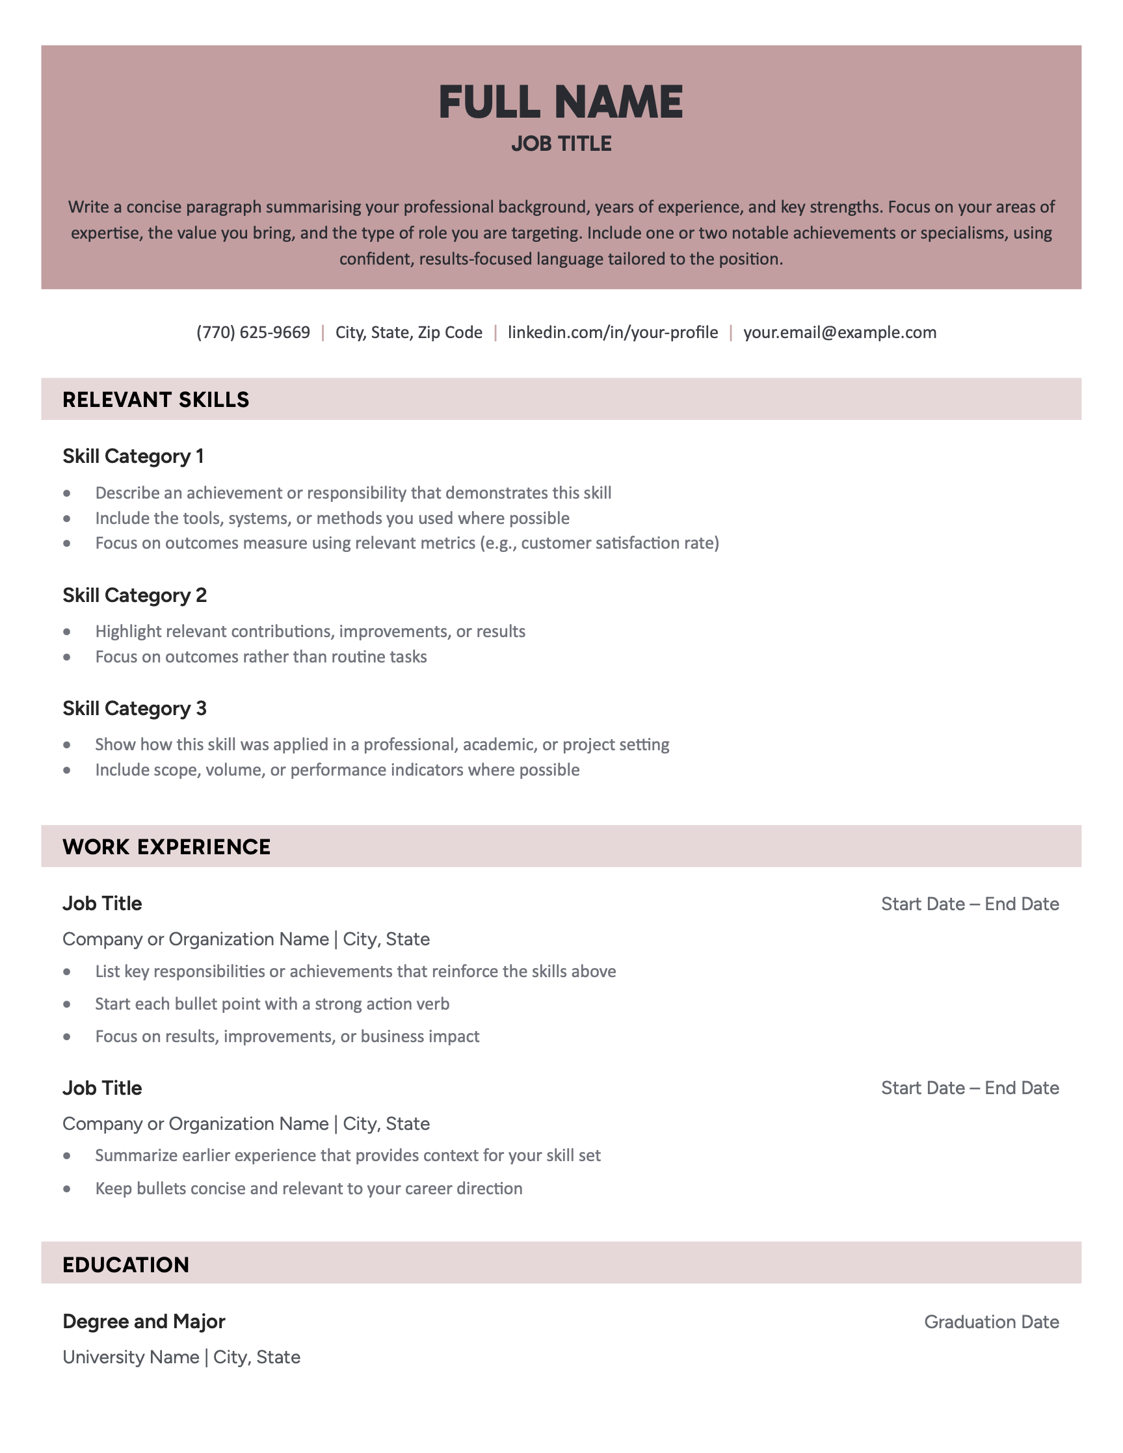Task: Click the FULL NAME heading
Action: (561, 103)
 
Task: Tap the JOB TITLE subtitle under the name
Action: (561, 144)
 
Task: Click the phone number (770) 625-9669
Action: (253, 332)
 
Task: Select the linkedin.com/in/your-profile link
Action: (612, 332)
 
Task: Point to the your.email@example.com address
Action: (839, 332)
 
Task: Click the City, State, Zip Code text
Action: (408, 332)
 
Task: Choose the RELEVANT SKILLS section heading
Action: (155, 399)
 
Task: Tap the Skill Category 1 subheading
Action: (133, 456)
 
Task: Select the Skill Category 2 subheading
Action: (135, 596)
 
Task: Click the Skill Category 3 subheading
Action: (135, 709)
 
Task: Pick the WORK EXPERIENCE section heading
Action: (166, 846)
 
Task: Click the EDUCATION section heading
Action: (126, 1264)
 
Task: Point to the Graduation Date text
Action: (991, 1322)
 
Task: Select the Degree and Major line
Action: (144, 1321)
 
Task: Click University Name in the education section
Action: (131, 1357)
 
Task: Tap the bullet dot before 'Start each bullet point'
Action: (67, 1004)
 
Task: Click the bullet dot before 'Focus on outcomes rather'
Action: (67, 657)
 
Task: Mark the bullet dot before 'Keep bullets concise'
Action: (67, 1189)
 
